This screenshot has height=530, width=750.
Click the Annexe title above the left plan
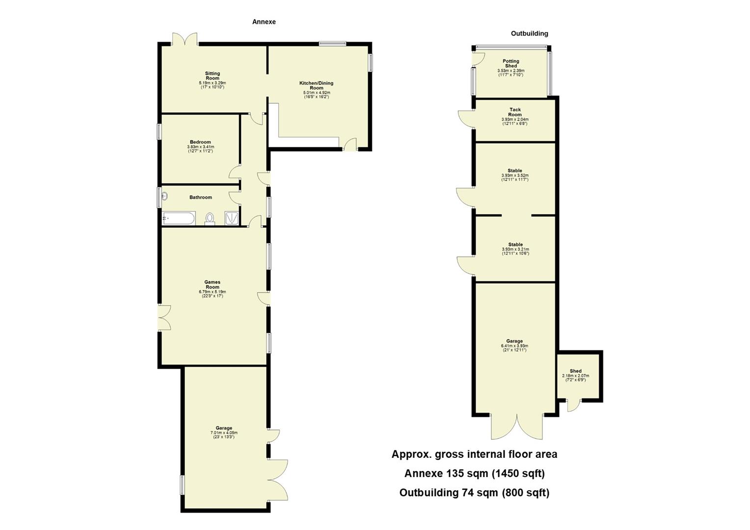(264, 22)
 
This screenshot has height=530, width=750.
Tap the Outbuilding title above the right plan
(529, 33)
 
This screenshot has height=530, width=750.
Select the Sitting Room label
(212, 76)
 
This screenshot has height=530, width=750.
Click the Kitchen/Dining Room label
(317, 85)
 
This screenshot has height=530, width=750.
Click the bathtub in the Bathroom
(179, 218)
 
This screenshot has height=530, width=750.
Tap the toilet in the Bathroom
(210, 218)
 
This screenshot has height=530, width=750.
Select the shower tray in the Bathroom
(231, 218)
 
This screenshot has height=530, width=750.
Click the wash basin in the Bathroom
(165, 196)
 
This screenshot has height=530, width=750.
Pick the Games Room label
(212, 285)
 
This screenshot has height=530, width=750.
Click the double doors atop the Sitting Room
(185, 39)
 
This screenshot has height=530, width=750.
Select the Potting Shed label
(510, 63)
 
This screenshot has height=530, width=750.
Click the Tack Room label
(515, 112)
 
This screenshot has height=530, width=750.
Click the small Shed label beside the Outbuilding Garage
(575, 371)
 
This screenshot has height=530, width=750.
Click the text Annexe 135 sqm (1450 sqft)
(474, 474)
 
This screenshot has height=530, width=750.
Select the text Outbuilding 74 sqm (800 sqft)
(474, 493)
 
